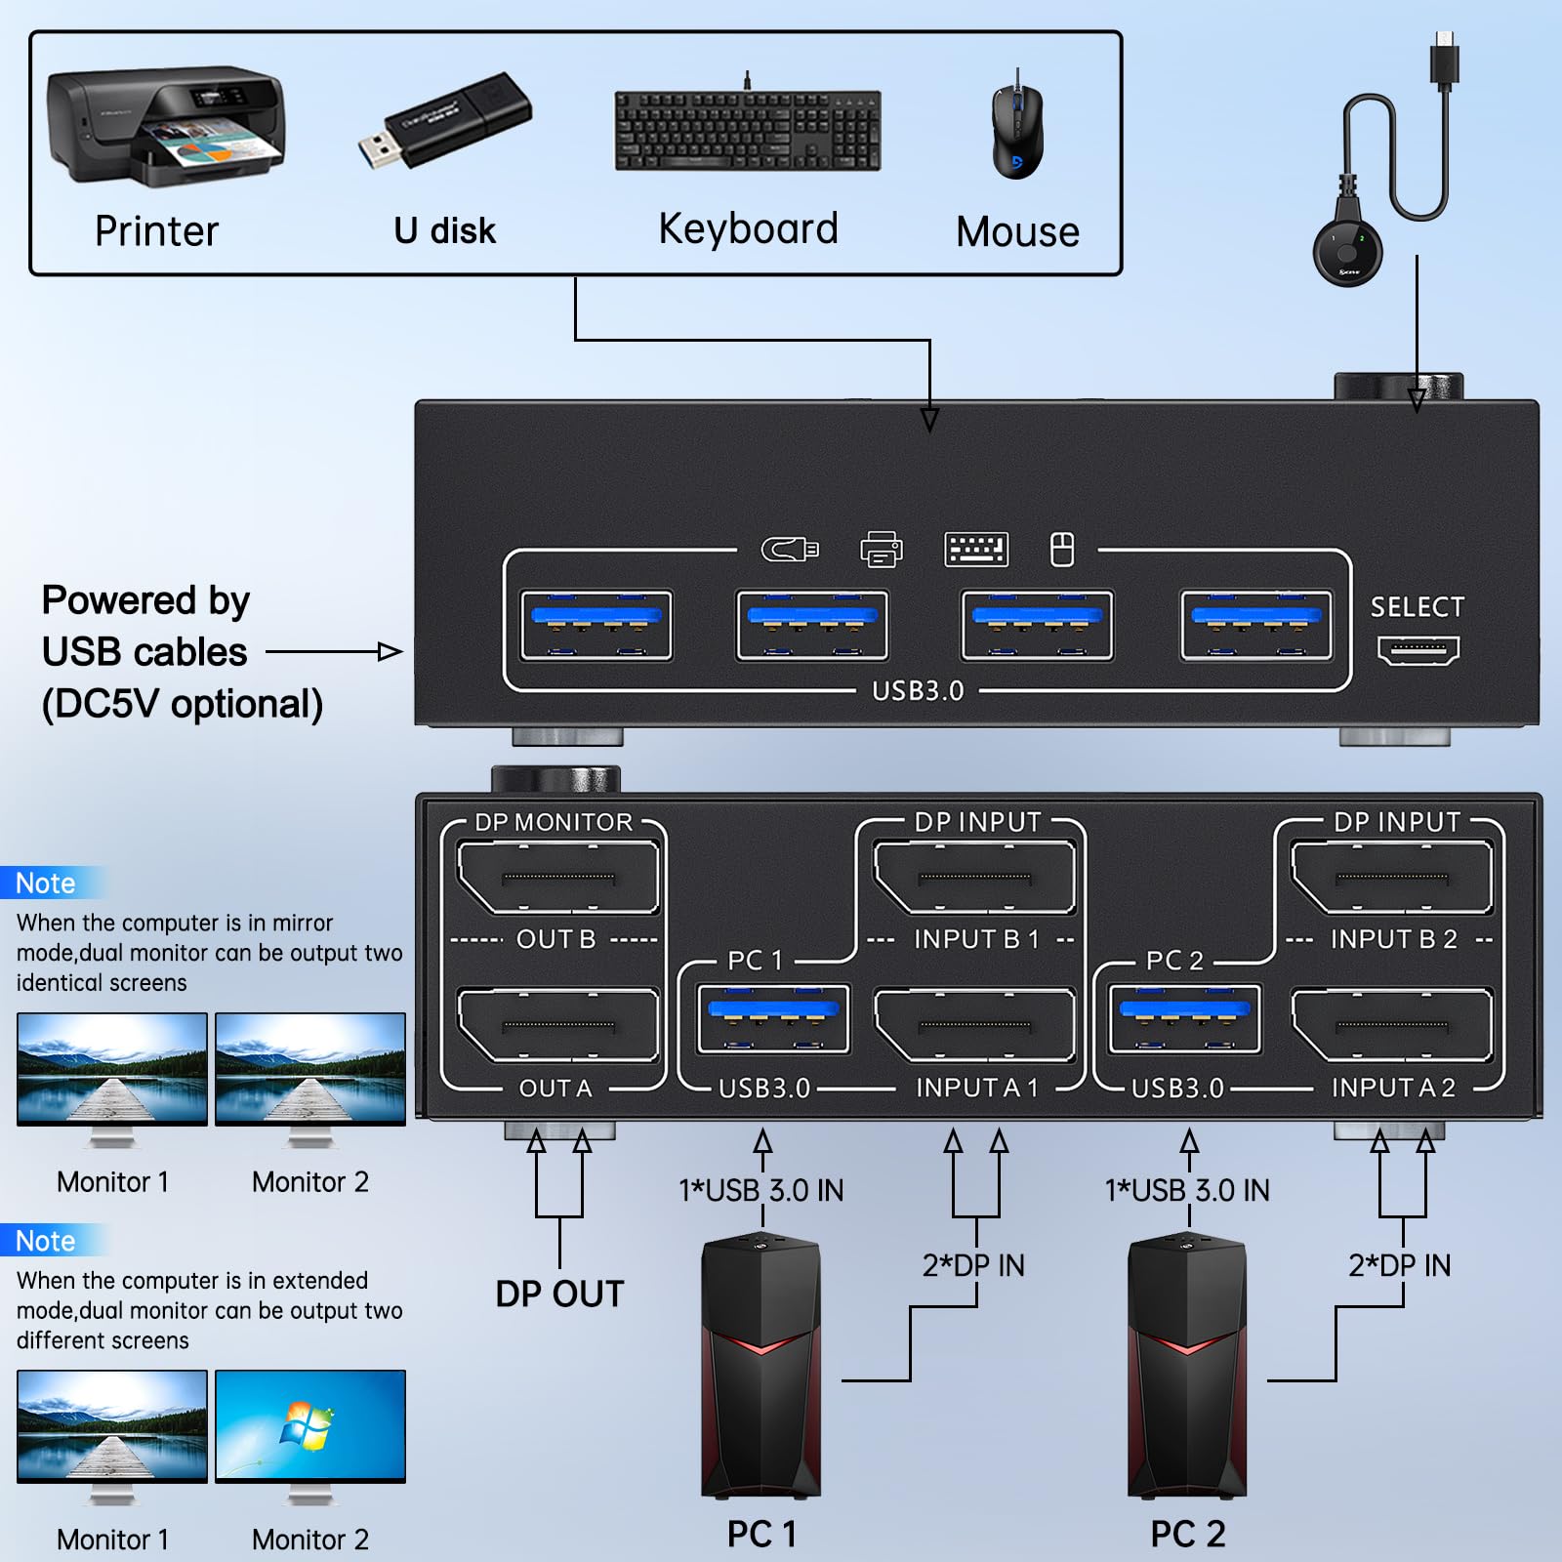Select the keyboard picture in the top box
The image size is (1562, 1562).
pyautogui.click(x=748, y=130)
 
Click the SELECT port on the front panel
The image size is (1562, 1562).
pyautogui.click(x=1418, y=649)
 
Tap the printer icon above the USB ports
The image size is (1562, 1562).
pyautogui.click(x=881, y=550)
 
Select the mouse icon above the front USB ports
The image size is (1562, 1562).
pyautogui.click(x=1062, y=550)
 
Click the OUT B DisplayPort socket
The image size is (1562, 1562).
pyautogui.click(x=557, y=878)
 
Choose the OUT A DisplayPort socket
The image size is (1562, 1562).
pyautogui.click(x=557, y=1025)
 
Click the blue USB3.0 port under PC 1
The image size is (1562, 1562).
pyautogui.click(x=773, y=1019)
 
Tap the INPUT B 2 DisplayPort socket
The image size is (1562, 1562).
pyautogui.click(x=1392, y=878)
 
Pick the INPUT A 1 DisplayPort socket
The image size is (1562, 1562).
pyautogui.click(x=974, y=1025)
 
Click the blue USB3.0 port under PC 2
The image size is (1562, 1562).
pyautogui.click(x=1185, y=1019)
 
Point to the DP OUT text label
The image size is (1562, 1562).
pyautogui.click(x=559, y=1294)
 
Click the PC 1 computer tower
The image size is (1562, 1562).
pyautogui.click(x=761, y=1367)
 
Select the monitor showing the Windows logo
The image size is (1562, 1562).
pyautogui.click(x=310, y=1427)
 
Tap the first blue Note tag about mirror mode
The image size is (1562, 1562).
pyautogui.click(x=47, y=884)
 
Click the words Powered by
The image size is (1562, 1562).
pyautogui.click(x=146, y=600)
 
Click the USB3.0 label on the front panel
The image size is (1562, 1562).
pyautogui.click(x=918, y=691)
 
